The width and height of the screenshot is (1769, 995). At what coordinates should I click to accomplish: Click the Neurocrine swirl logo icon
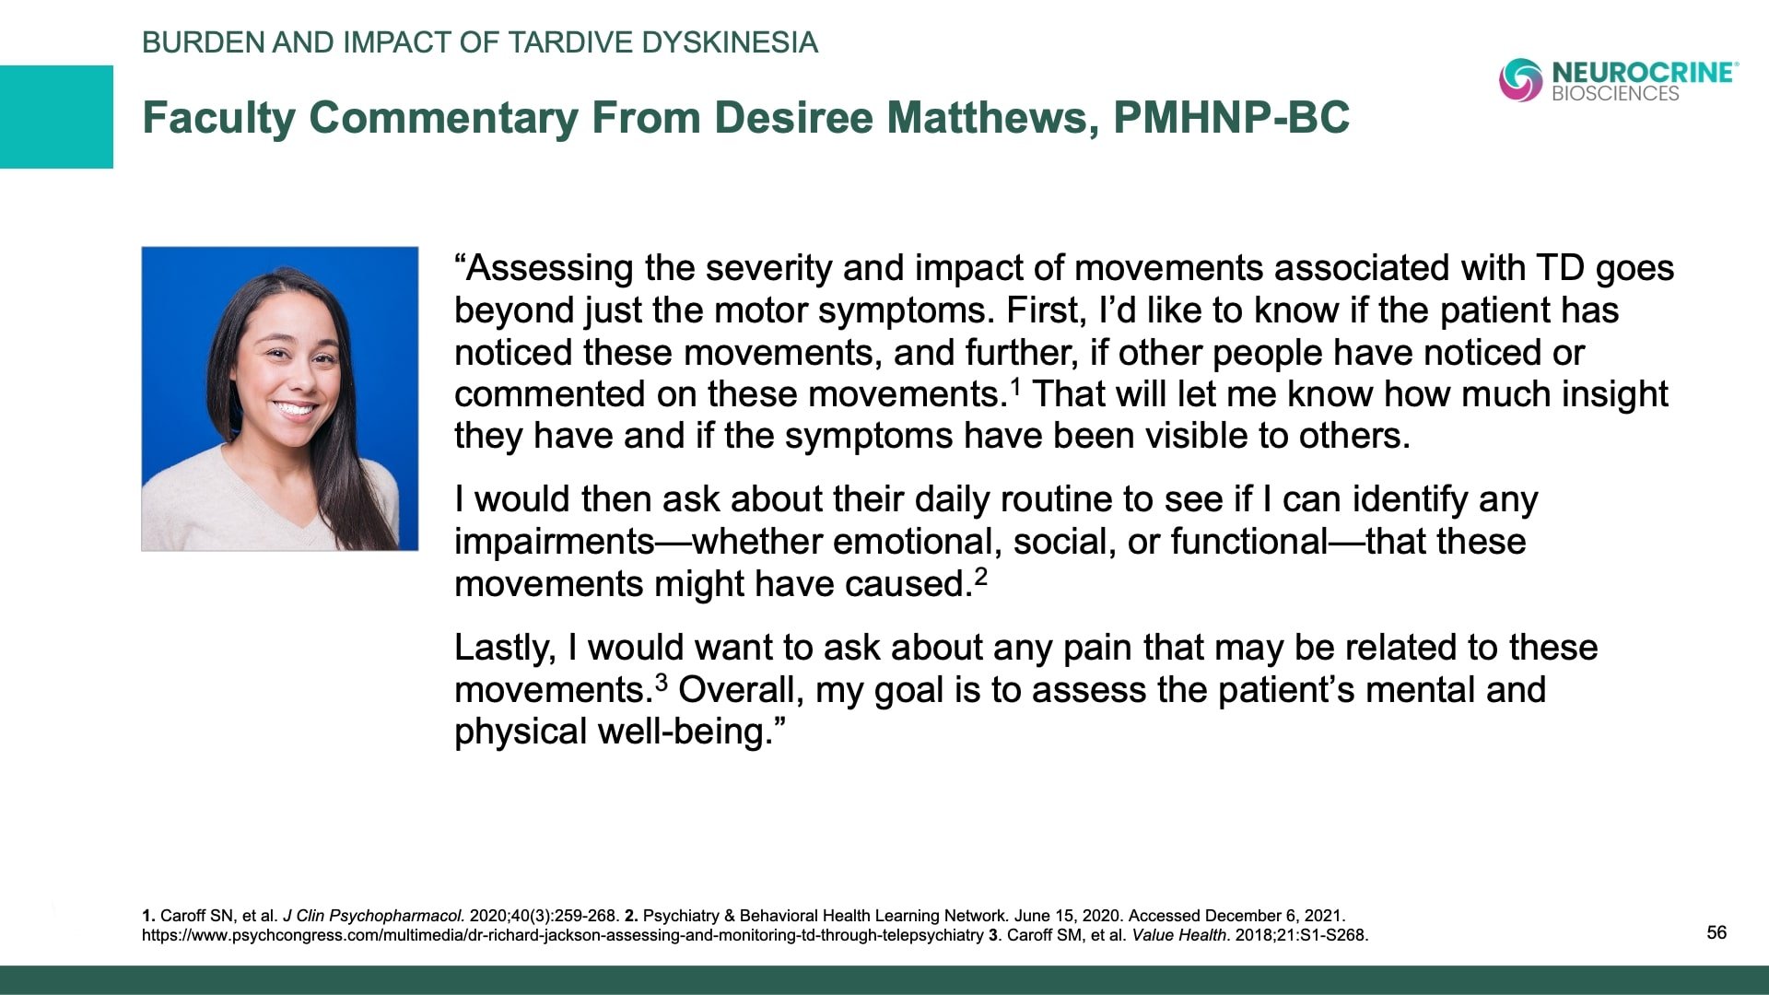pos(1520,79)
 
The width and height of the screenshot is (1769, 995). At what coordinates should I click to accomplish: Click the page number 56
pos(1716,932)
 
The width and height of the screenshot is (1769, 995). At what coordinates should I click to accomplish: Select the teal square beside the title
pos(56,117)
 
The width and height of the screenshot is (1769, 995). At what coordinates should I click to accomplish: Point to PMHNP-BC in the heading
pos(1231,118)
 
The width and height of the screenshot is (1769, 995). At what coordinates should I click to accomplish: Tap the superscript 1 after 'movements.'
pos(1015,385)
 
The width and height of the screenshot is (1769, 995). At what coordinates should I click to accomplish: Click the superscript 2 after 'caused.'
pos(980,576)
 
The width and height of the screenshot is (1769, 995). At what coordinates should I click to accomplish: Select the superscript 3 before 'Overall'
pos(661,682)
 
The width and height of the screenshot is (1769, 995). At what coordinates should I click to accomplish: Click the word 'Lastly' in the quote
pos(504,648)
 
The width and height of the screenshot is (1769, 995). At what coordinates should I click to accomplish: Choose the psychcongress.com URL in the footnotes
pos(562,935)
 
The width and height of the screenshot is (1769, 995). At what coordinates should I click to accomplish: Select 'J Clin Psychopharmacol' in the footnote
pos(372,916)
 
